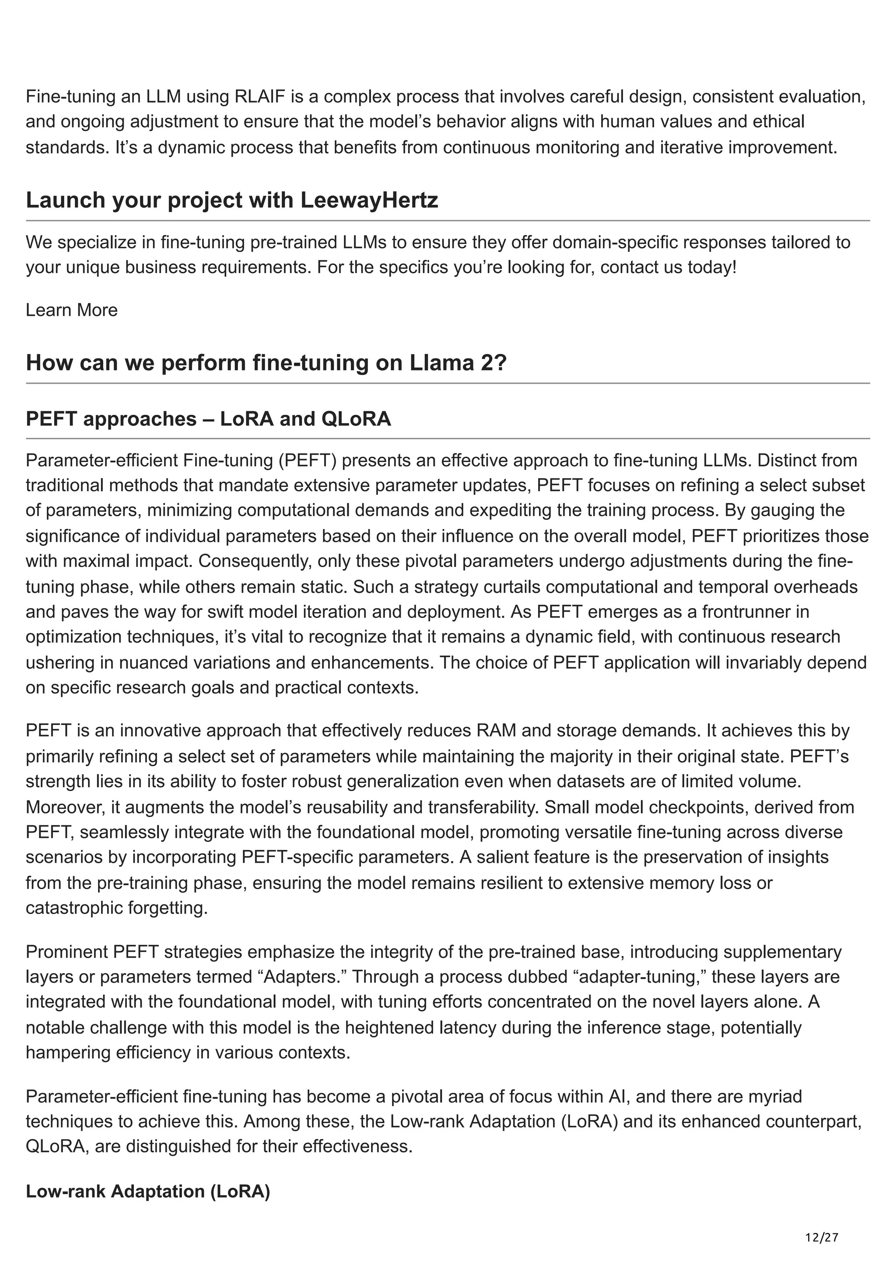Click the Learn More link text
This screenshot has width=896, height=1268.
point(72,310)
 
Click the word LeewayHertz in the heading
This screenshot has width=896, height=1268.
point(369,200)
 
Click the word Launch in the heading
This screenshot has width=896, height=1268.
point(65,200)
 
